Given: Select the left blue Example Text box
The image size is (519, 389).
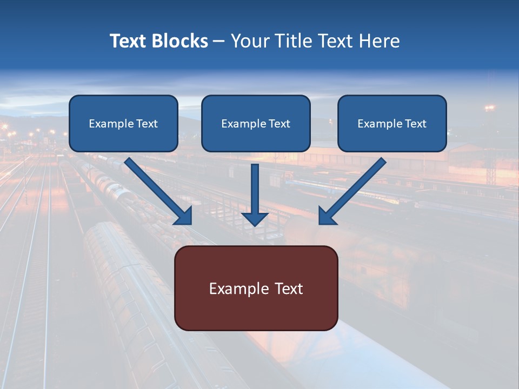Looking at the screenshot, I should click(123, 124).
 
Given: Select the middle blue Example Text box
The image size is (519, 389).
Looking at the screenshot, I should click(256, 124).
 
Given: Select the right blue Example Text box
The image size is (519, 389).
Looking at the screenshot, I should click(392, 124).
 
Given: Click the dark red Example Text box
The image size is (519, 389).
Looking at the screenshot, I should click(256, 288).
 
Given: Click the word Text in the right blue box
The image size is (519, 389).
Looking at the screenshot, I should click(415, 124).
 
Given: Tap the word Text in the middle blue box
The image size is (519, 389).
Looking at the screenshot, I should click(279, 124).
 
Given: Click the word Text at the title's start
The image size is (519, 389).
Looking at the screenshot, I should click(128, 41).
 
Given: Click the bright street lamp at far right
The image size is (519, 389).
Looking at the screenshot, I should click(490, 109).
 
